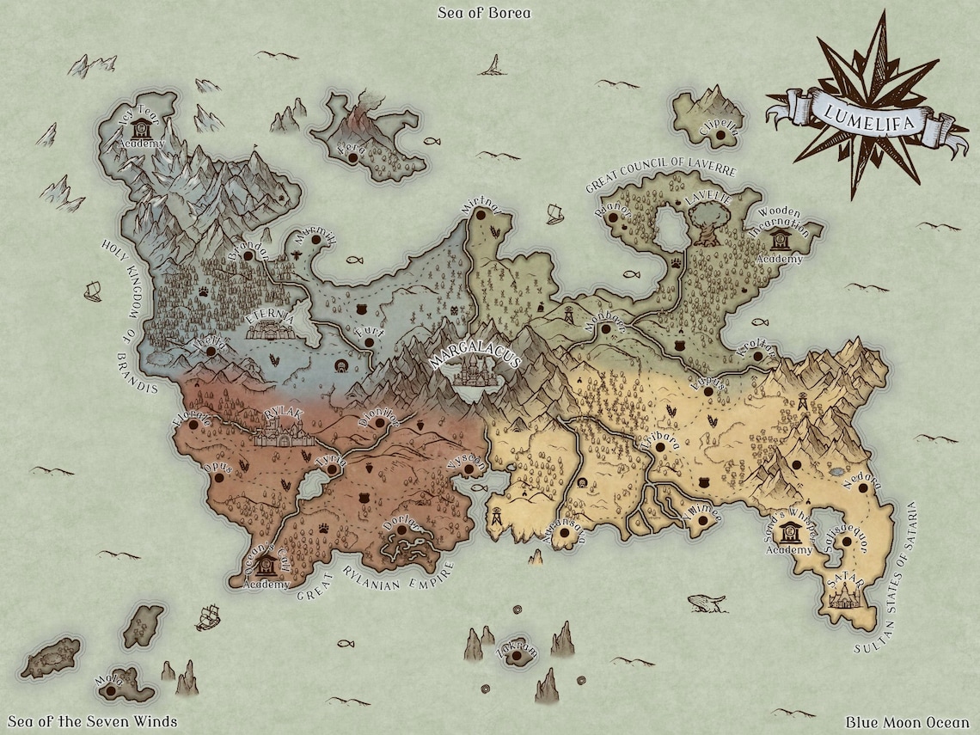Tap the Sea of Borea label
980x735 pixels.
484,13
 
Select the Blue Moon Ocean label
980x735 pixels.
906,722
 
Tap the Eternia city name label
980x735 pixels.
271,316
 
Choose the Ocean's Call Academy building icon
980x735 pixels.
266,566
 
